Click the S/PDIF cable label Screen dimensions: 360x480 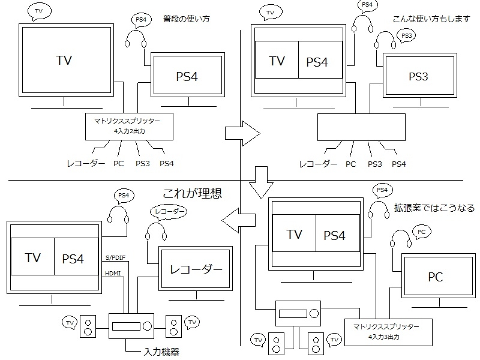(116, 259)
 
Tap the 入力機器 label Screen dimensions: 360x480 (161, 351)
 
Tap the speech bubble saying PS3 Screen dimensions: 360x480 (407, 36)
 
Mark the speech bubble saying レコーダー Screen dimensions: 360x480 (167, 211)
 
